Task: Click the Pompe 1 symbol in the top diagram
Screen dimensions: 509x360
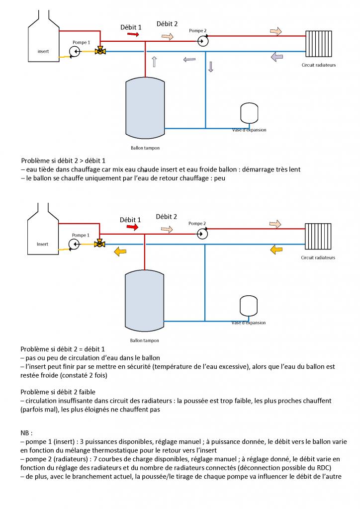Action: tap(74, 51)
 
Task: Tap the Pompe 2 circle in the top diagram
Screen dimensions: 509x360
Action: tap(202, 41)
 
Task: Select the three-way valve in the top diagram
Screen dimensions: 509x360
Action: tap(100, 51)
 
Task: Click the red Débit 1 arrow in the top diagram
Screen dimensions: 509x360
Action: tap(133, 34)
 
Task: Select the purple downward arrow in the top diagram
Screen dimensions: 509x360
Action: tap(211, 67)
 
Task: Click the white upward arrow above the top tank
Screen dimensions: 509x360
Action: tap(154, 62)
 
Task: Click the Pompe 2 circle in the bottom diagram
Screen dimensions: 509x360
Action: tap(202, 234)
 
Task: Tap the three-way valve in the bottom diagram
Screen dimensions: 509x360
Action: tap(100, 244)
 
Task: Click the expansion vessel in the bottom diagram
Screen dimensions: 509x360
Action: tap(247, 306)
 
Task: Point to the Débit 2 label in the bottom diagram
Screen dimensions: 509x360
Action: tap(166, 217)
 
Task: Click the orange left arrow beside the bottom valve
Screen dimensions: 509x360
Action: tap(120, 252)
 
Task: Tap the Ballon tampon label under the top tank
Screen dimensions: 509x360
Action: tap(145, 148)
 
